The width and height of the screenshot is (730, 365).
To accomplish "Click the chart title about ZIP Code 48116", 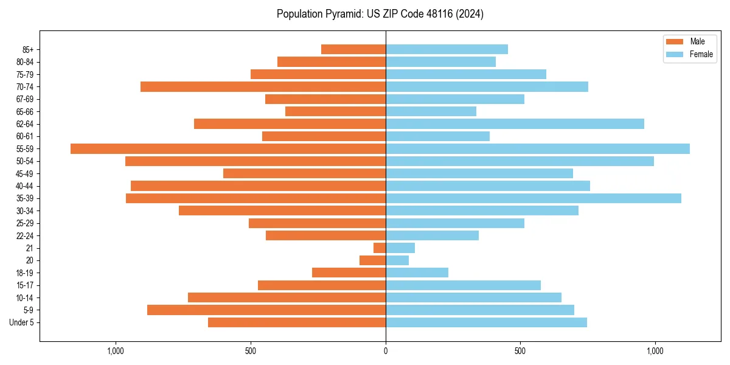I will point(380,14).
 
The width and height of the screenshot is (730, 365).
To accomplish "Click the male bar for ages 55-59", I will point(228,148).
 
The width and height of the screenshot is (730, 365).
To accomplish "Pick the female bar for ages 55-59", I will point(538,148).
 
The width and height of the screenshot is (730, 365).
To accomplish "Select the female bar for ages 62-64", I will point(515,123).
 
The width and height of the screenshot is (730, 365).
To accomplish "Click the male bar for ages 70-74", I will point(263,86).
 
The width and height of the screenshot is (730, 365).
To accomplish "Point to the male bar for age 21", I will point(380,248).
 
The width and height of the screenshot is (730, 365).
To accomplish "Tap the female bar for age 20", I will point(397,260).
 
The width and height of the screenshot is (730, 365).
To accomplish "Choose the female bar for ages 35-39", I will point(534,198).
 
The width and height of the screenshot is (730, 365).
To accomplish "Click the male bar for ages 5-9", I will point(266,310).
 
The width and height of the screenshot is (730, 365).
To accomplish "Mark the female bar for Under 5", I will point(486,322).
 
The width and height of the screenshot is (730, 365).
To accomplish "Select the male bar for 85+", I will point(353,49).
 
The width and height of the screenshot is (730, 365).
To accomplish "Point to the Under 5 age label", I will point(21,322).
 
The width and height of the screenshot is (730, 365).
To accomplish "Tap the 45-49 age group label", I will point(24,173).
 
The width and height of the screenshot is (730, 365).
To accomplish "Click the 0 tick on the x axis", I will point(386,351).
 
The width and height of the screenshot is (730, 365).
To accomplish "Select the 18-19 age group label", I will point(24,273).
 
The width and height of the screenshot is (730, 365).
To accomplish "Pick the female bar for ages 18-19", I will point(417,273).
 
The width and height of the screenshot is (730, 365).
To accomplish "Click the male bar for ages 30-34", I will point(282,210).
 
